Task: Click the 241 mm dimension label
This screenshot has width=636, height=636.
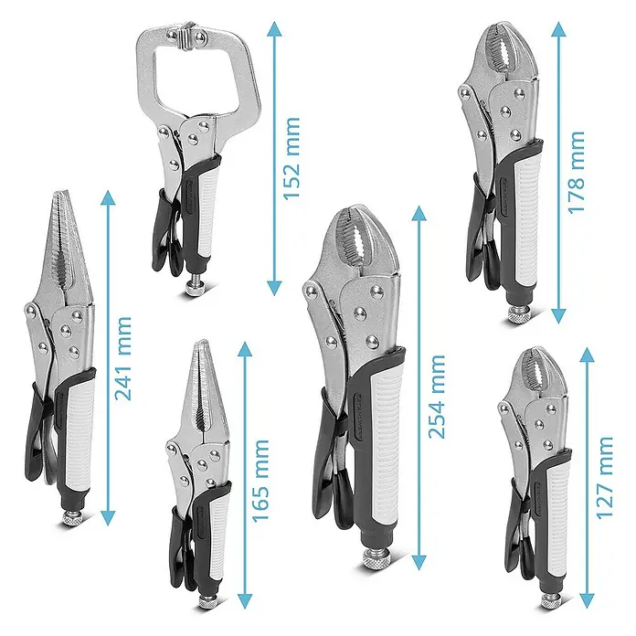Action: point(123,358)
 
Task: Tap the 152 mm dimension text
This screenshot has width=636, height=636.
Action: point(291,158)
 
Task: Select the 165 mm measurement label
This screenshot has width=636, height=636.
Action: point(260,481)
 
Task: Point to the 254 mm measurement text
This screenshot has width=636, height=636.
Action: point(437,397)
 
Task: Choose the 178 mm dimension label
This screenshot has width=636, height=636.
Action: point(576,172)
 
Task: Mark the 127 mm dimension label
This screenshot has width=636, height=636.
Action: point(604,477)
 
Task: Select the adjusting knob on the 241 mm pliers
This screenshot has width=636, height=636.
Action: point(72,518)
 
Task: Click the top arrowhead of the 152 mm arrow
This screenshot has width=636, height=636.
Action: point(275,29)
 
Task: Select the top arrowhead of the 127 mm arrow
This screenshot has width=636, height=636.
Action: point(587,355)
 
